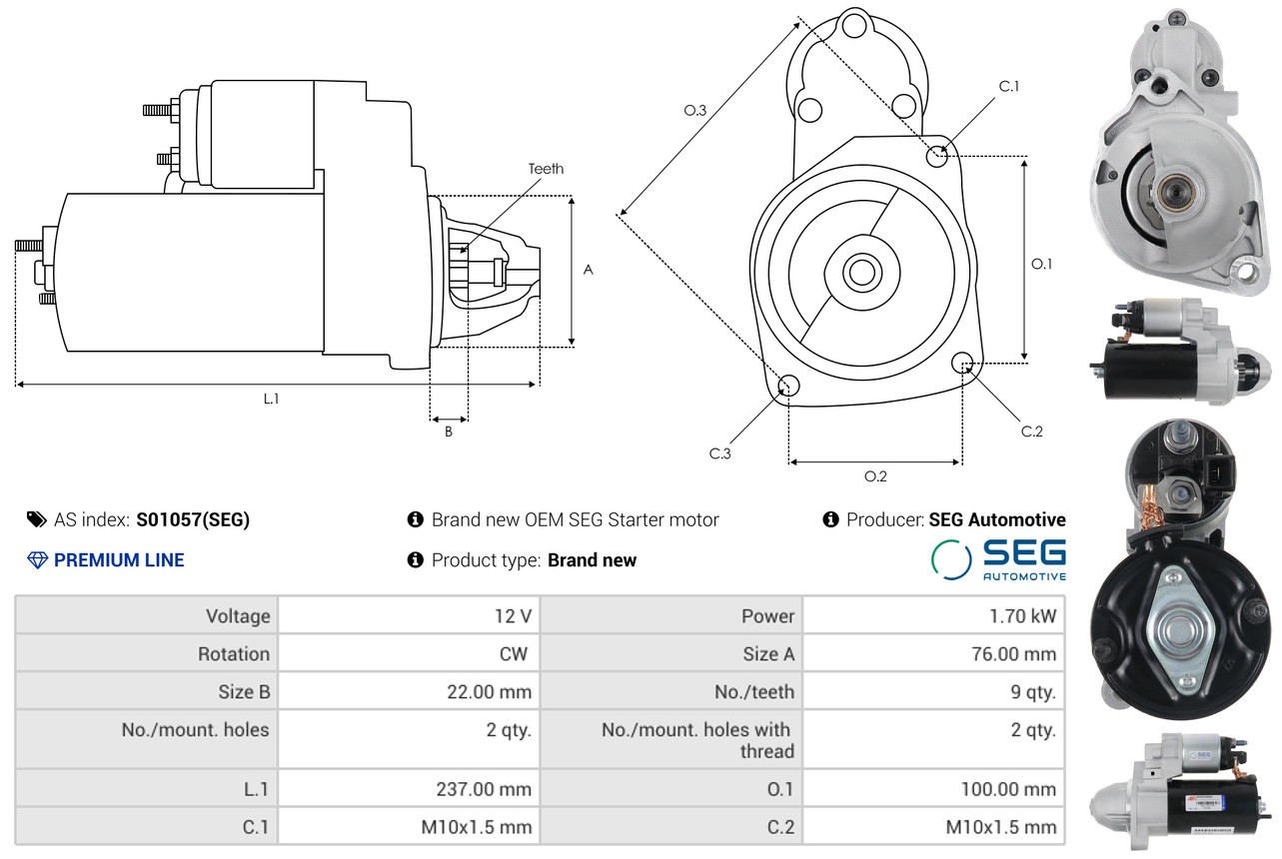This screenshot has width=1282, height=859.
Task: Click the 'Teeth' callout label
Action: pyautogui.click(x=546, y=169)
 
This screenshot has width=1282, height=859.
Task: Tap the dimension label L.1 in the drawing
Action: pyautogui.click(x=271, y=399)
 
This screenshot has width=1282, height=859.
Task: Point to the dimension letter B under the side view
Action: pyautogui.click(x=449, y=432)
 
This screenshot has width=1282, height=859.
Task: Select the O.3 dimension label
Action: pyautogui.click(x=695, y=111)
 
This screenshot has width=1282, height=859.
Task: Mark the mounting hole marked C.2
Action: pyautogui.click(x=962, y=362)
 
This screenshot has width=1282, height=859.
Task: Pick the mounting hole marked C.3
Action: pyautogui.click(x=788, y=387)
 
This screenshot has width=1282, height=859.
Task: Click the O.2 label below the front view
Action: pyautogui.click(x=875, y=476)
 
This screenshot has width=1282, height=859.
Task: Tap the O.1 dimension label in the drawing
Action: pyautogui.click(x=1041, y=264)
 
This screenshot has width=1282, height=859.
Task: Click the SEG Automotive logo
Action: pyautogui.click(x=998, y=559)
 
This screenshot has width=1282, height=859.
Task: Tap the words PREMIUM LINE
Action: pyautogui.click(x=119, y=560)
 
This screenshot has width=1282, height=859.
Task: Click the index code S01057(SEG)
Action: pyautogui.click(x=193, y=519)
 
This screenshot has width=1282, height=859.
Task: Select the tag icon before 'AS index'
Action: pyautogui.click(x=36, y=519)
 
